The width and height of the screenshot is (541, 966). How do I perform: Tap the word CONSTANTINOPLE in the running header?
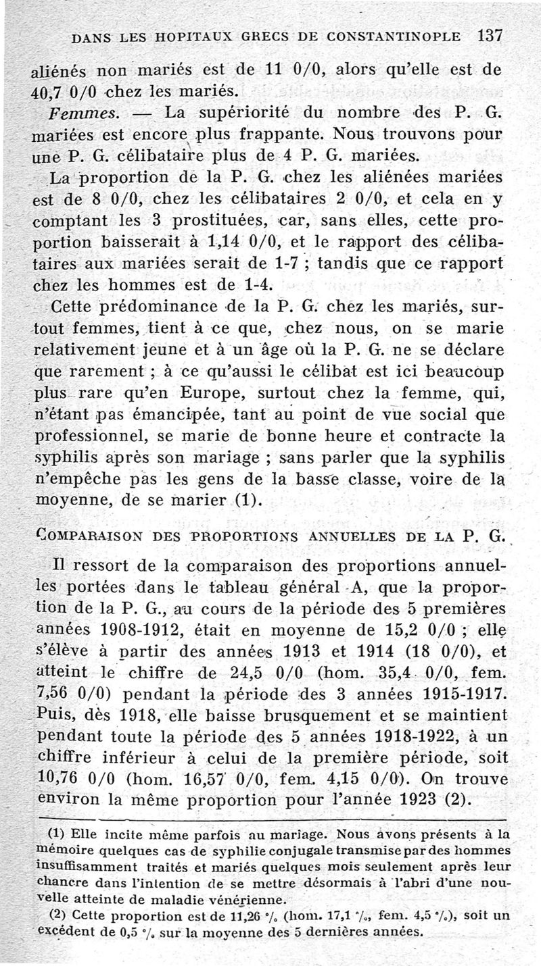coord(392,36)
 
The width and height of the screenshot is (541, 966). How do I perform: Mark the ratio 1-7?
coord(283,264)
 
